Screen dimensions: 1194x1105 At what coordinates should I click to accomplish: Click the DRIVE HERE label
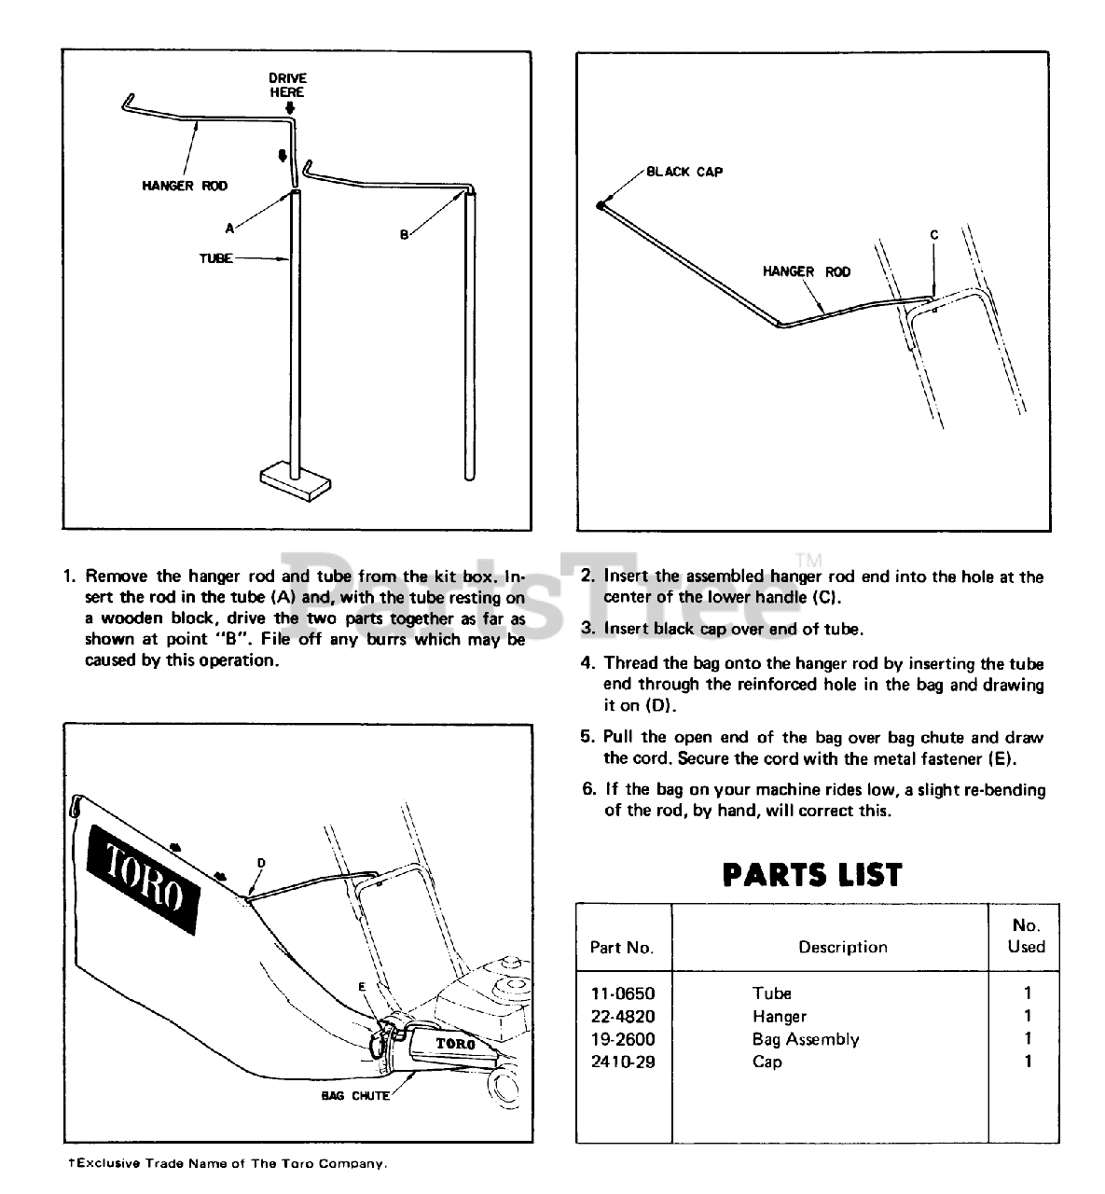click(287, 85)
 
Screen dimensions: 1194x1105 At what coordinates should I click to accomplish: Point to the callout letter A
click(229, 227)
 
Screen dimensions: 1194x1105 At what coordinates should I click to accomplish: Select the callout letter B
click(404, 235)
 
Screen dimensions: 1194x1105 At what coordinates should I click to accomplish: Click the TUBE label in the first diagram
click(215, 258)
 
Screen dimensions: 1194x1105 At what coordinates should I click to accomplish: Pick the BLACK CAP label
click(684, 172)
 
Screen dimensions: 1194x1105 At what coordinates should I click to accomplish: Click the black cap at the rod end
click(600, 205)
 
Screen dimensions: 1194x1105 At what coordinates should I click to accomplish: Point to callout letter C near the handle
click(933, 236)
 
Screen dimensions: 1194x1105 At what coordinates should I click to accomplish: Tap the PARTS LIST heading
click(812, 875)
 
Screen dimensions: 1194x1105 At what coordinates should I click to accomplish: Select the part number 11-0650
click(623, 993)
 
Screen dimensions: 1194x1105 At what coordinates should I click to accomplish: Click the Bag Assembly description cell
click(806, 1039)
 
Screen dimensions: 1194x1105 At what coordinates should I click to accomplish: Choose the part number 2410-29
click(623, 1062)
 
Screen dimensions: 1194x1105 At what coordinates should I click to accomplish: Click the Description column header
click(842, 947)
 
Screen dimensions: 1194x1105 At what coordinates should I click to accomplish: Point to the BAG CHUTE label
click(355, 1096)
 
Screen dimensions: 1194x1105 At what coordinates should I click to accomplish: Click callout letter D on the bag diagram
click(261, 863)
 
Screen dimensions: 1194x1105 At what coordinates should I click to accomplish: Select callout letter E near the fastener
click(362, 986)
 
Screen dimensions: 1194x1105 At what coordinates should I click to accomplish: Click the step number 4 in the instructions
click(587, 663)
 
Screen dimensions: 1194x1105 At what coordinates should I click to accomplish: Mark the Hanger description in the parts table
click(780, 1016)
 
